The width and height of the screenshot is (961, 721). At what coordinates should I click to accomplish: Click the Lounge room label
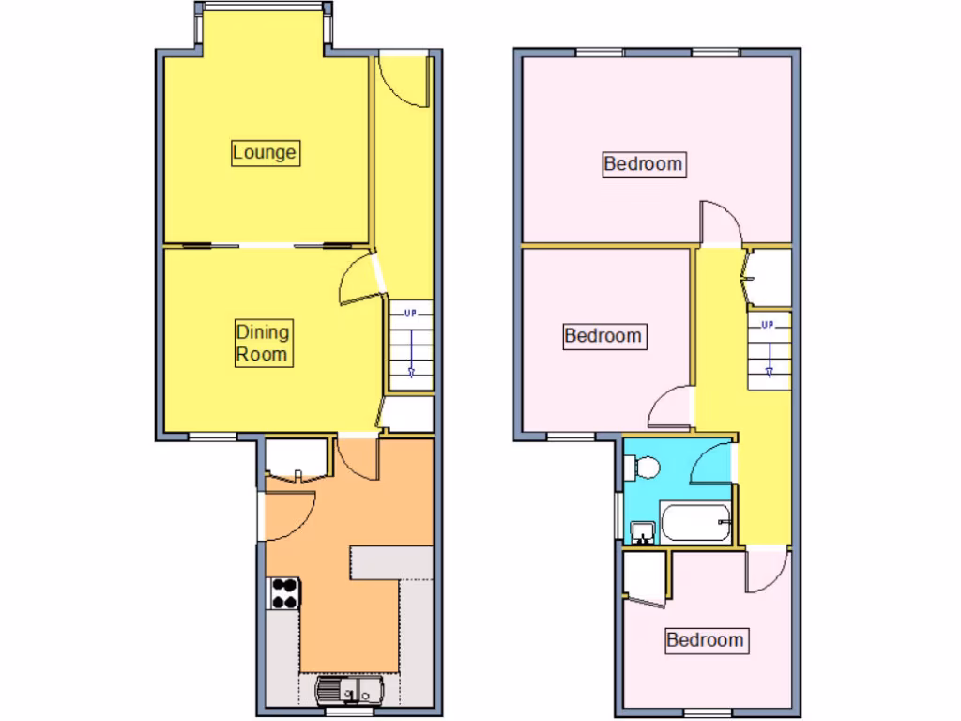point(265,152)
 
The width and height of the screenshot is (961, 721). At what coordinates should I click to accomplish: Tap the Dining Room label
point(262,343)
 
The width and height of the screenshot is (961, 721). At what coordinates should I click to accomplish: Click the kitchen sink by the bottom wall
point(348,693)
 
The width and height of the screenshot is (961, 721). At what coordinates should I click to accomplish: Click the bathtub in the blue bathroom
point(695,522)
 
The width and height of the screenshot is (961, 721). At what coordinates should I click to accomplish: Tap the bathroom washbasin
point(643,532)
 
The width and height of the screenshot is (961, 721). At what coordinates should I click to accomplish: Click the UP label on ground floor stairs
point(410,313)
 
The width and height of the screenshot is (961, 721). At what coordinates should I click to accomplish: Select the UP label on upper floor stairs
point(768,325)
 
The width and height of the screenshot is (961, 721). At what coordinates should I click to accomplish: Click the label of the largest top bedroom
point(643,164)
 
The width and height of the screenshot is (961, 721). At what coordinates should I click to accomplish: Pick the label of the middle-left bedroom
point(603,335)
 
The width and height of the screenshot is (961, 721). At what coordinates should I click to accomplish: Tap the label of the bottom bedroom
point(706,640)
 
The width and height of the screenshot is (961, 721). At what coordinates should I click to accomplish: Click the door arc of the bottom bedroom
point(766,572)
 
